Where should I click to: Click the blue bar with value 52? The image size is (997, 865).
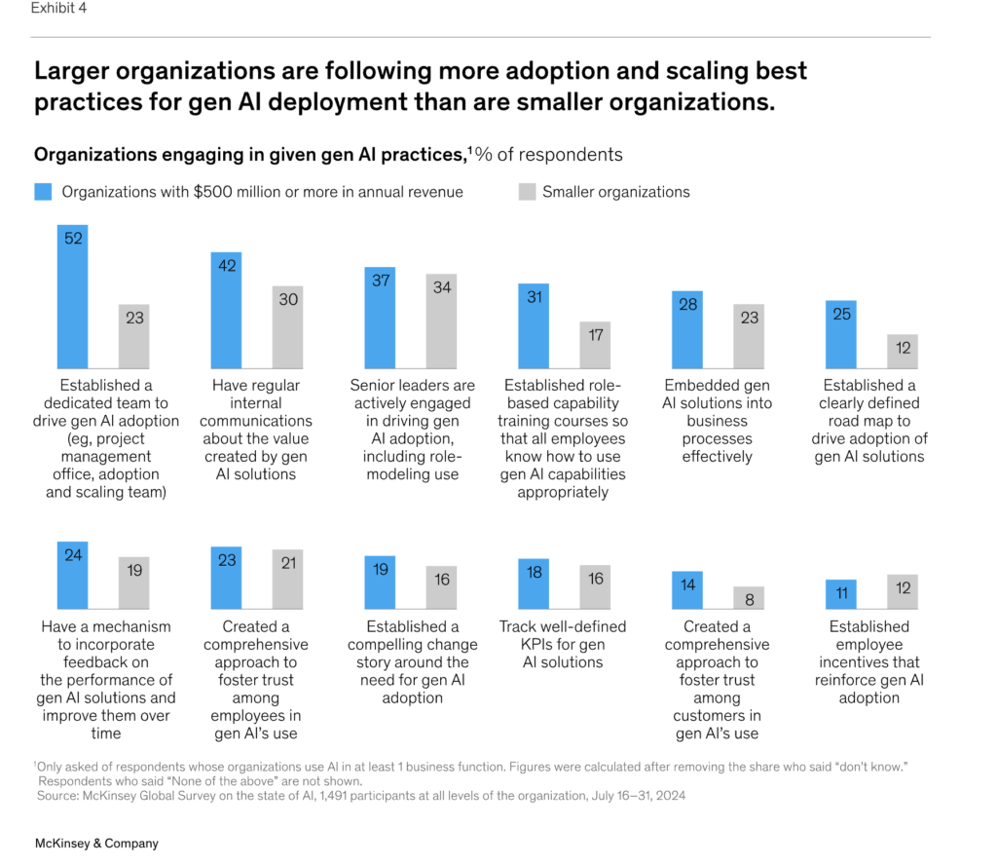pos(72,295)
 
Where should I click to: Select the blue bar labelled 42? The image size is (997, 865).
pos(226,309)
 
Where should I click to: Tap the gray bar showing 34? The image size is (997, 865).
pos(442,320)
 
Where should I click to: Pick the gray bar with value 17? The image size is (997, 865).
pos(595,344)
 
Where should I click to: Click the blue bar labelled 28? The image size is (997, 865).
pos(686,327)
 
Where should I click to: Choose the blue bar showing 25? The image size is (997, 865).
pos(840,332)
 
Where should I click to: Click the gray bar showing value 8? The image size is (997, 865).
pos(749,597)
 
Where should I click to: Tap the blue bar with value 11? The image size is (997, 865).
pos(840,593)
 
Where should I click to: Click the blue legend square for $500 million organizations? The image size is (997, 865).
pos(43,192)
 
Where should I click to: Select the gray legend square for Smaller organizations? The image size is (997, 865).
pos(528,192)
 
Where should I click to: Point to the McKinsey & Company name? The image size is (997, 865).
pos(96,844)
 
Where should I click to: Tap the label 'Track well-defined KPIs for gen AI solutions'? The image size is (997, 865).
pos(563,644)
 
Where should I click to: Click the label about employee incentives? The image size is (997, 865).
pos(868,661)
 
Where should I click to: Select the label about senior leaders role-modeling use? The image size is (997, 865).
pos(413,430)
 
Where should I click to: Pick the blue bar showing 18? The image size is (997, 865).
pos(534,583)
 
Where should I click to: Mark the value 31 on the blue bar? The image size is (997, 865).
pos(534,297)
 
